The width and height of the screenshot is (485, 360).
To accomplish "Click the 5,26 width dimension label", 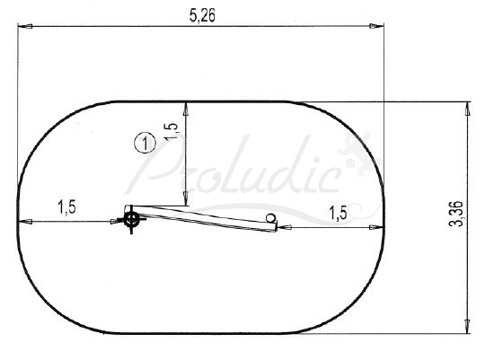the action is point(202,15).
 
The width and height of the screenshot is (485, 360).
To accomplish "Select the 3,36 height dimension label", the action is point(456,214).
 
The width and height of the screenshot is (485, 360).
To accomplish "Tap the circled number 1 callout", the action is point(145,144).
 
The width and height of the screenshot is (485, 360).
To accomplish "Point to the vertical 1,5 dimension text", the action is point(171,132).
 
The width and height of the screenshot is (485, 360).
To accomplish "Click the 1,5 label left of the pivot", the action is point(66,206).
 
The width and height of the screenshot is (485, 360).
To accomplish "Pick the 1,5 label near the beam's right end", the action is point(338,213).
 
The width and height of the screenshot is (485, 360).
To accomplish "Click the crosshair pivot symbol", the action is point(131,220).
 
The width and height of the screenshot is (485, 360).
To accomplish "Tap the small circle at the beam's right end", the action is point(270,218).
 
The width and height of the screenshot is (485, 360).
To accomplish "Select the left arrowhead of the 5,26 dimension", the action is point(25,26).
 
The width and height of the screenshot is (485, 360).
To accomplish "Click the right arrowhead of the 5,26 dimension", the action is point(376,26).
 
